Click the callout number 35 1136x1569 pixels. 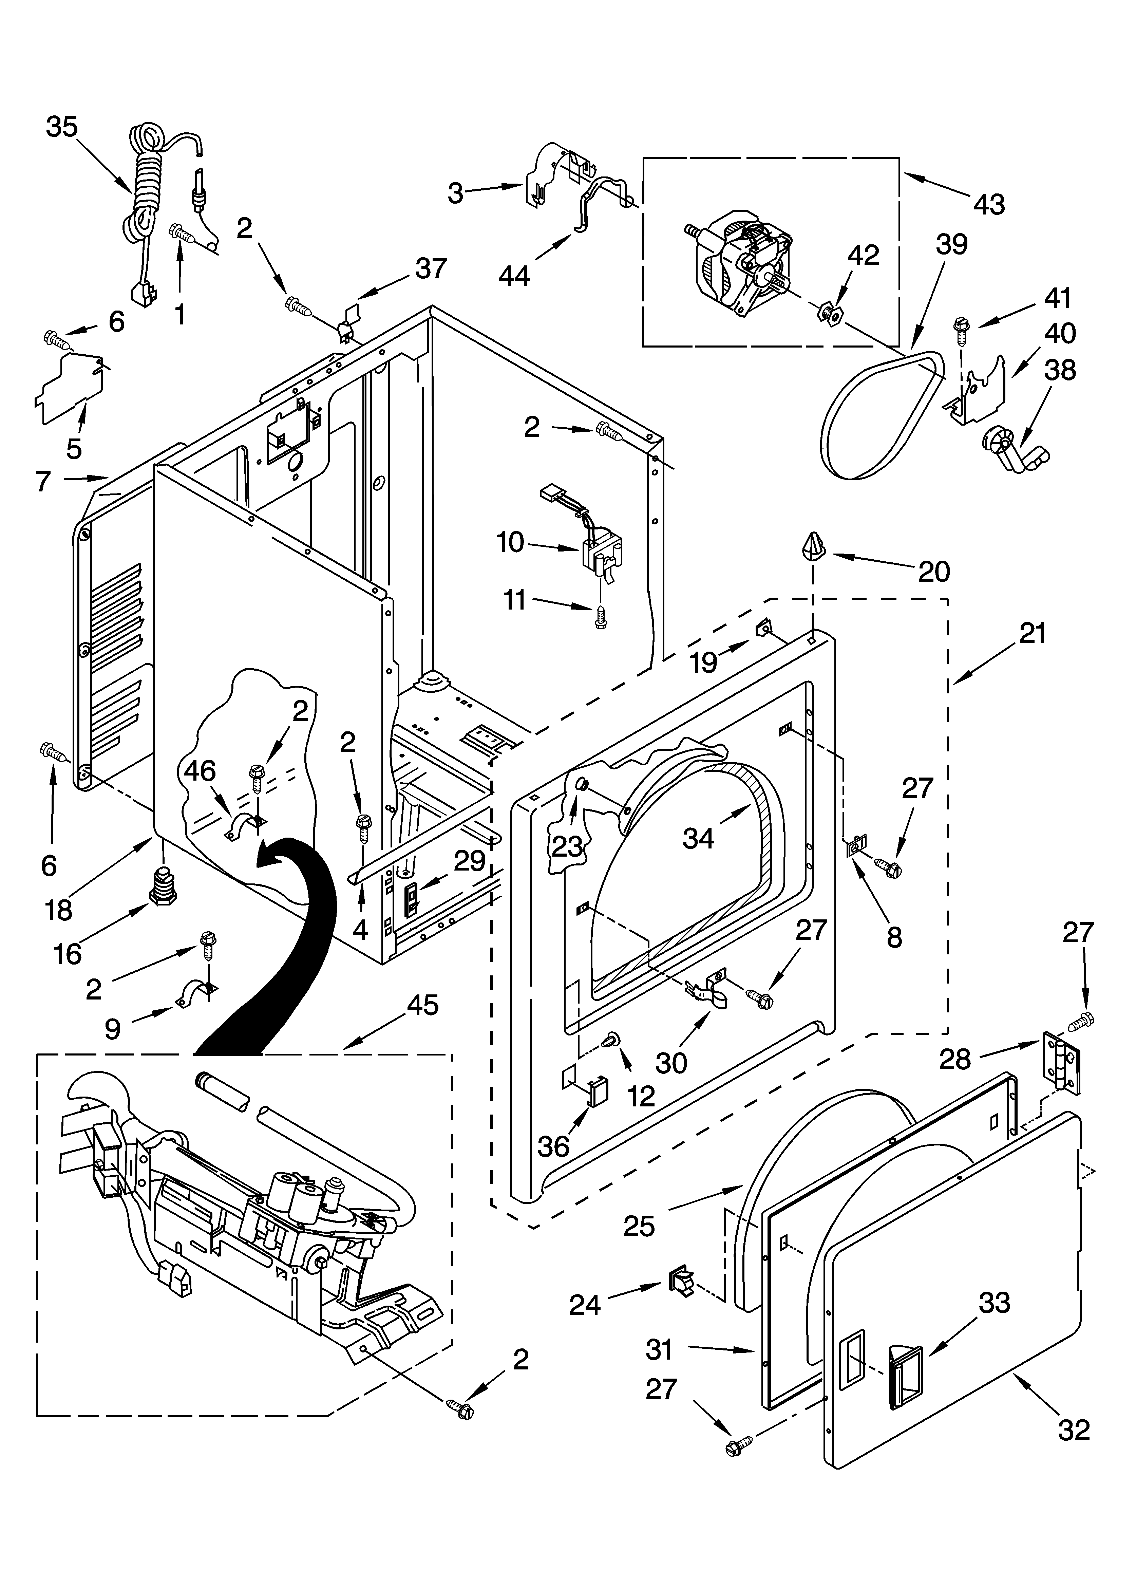(62, 127)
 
